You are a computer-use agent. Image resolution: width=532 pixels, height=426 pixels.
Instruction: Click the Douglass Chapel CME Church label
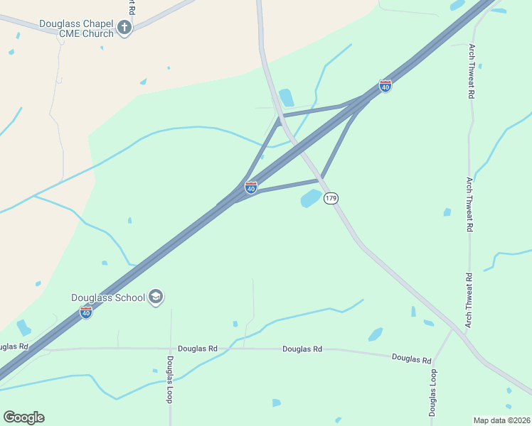coord(77,28)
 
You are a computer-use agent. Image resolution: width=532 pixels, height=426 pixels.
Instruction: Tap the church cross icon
coord(125,28)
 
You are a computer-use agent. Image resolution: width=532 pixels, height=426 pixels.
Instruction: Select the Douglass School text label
coord(108,297)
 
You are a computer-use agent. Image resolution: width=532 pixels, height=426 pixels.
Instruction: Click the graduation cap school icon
coord(156,297)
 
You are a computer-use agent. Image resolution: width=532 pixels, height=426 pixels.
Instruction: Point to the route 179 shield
coord(331,198)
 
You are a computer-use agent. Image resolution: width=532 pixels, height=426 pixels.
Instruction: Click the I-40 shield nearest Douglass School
coord(86,312)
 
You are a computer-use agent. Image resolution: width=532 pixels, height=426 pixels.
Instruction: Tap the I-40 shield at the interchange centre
coord(251,187)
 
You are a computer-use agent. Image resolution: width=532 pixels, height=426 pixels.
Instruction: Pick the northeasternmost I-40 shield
coord(385,87)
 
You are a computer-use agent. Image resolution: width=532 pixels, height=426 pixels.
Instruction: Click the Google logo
coord(23,417)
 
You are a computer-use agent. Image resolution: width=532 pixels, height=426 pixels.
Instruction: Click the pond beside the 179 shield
coord(311,198)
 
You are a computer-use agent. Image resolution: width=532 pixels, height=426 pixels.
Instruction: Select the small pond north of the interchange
coord(287,97)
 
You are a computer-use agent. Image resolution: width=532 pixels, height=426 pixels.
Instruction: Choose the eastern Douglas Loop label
coord(432,392)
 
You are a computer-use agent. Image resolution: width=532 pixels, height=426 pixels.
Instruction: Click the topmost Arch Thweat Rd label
coord(471,71)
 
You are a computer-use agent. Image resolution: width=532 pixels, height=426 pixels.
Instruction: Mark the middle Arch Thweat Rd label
coord(469,204)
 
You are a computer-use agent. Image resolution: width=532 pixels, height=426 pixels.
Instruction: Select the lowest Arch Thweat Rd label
coord(469,300)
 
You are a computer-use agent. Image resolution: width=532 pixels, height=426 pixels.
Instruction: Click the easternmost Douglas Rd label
coord(412,359)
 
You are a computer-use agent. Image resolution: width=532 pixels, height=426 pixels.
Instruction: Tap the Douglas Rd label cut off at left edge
coord(14,346)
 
